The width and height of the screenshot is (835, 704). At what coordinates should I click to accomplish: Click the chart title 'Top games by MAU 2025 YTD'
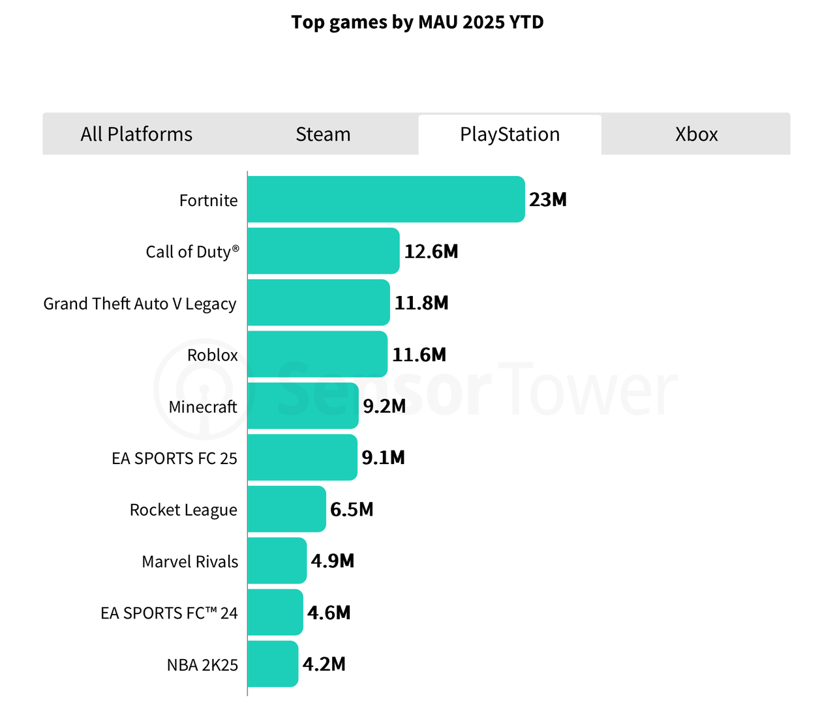click(x=417, y=22)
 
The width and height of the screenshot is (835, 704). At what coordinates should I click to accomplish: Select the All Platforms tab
click(x=136, y=134)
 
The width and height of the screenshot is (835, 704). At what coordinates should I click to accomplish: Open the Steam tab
click(x=323, y=134)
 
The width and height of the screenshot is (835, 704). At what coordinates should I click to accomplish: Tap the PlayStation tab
click(x=509, y=134)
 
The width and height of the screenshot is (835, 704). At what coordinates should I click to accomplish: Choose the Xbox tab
click(x=696, y=134)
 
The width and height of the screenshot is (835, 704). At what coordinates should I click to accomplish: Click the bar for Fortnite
click(x=386, y=199)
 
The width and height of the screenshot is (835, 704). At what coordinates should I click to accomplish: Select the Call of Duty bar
click(x=323, y=251)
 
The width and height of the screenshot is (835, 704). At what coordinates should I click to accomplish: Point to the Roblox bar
click(x=317, y=354)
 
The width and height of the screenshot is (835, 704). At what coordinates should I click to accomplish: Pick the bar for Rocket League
click(x=286, y=509)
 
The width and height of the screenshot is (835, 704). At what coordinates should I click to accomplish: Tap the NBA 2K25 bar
click(x=273, y=664)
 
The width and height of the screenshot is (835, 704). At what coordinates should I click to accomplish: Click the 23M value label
click(x=548, y=199)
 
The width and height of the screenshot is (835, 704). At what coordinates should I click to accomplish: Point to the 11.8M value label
click(x=421, y=303)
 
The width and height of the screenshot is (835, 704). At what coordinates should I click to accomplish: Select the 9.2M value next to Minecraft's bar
click(x=384, y=406)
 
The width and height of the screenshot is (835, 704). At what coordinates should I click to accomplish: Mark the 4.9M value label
click(x=333, y=561)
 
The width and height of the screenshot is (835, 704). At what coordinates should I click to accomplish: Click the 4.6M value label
click(x=329, y=613)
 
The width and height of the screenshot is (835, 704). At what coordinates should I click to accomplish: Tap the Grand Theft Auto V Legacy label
click(x=140, y=304)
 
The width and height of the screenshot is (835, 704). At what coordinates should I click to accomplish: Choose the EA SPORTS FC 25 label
click(x=174, y=458)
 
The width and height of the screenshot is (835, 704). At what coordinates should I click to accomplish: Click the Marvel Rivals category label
click(x=190, y=561)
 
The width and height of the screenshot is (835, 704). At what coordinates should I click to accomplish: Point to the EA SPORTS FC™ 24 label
click(x=169, y=613)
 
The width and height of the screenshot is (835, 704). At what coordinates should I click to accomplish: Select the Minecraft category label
click(x=203, y=407)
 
